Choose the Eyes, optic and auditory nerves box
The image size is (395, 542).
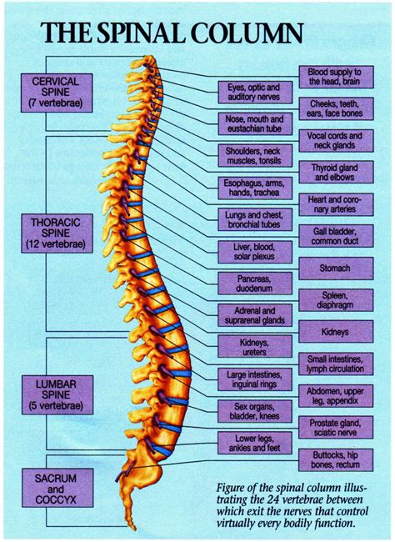tap(248, 93)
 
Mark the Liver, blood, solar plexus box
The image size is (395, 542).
tap(248, 251)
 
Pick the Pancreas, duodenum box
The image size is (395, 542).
tap(248, 283)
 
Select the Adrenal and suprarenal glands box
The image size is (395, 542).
tap(248, 314)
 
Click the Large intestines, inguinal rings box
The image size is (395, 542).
tap(248, 379)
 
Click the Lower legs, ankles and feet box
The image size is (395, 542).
tap(248, 443)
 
